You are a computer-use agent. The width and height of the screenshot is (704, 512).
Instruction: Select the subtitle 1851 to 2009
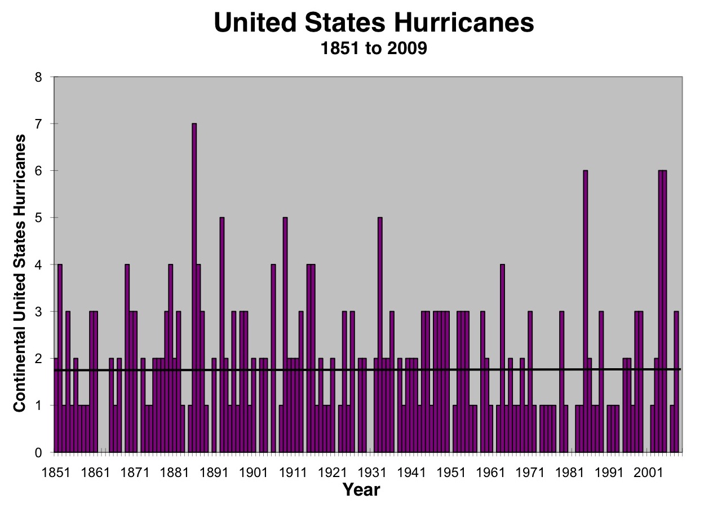point(374,50)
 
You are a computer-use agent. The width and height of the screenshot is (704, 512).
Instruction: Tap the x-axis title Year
point(361,489)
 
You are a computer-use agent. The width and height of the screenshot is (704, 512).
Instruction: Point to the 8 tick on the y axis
point(38,77)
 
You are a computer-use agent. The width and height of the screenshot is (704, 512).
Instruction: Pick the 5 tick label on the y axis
point(38,218)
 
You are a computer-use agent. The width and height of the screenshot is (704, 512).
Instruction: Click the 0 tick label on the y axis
point(38,453)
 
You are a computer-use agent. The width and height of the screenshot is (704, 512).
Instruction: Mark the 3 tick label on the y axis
point(38,312)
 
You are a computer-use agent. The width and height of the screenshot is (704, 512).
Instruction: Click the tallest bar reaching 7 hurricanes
point(194,288)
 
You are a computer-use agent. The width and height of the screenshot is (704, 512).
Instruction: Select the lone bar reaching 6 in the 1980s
point(585,310)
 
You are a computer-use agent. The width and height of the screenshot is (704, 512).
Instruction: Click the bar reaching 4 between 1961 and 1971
point(502,358)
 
